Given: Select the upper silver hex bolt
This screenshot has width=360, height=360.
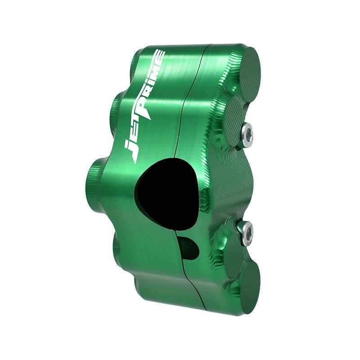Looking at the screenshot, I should pos(247,135).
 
